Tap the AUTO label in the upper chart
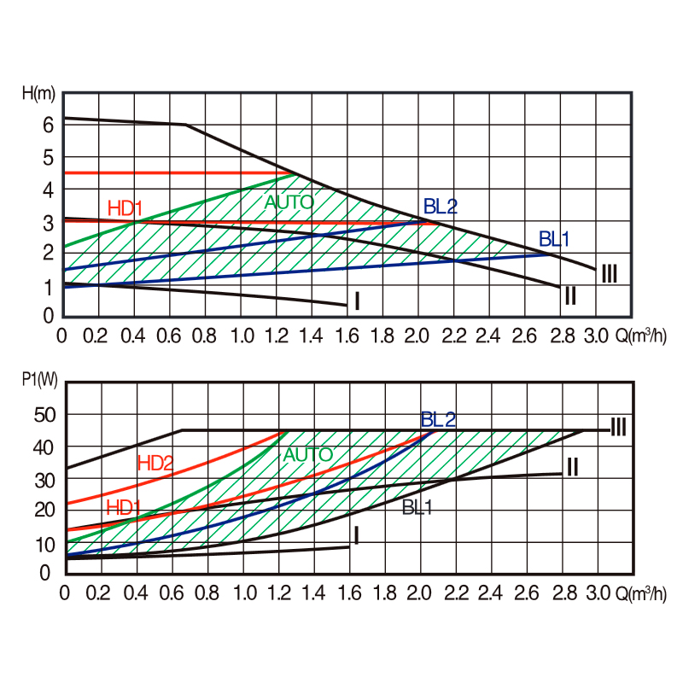tap(289, 202)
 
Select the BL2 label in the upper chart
tap(441, 206)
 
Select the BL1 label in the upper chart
tap(555, 237)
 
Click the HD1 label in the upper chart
tap(126, 207)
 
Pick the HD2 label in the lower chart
tap(155, 463)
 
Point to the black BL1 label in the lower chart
tap(418, 507)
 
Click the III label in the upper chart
tap(610, 274)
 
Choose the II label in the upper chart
tap(570, 295)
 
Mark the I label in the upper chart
tap(357, 301)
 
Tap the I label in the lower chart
tap(357, 536)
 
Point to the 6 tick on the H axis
tap(49, 125)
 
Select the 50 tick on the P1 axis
tap(44, 415)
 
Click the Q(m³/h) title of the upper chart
tap(640, 335)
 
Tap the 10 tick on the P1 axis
tap(44, 543)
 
